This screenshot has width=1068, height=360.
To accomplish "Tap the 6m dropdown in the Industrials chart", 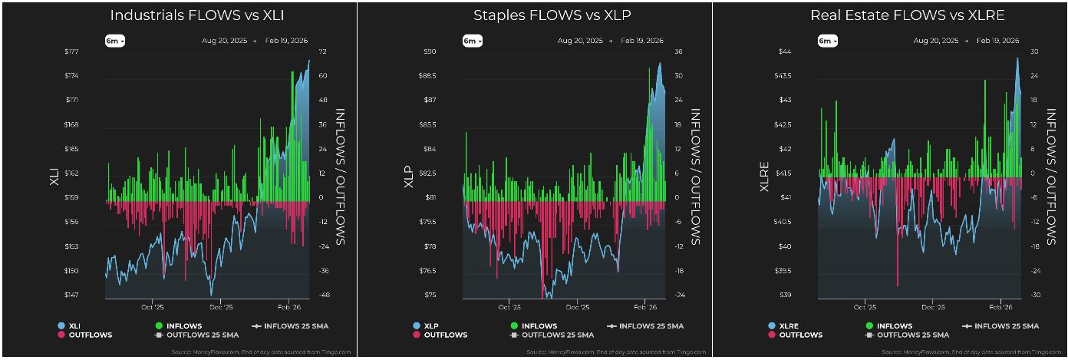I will click(x=115, y=41).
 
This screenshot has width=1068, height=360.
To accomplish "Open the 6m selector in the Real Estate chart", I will click(x=827, y=41).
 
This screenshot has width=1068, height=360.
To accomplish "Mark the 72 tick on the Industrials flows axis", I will click(x=323, y=51).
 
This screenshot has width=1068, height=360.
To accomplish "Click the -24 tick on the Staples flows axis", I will click(x=679, y=295).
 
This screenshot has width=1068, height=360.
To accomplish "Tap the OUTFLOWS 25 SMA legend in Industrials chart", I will click(x=196, y=335).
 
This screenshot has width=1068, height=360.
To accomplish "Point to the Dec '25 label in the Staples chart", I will click(x=576, y=306).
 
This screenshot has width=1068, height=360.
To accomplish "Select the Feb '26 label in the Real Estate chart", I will click(x=1000, y=306).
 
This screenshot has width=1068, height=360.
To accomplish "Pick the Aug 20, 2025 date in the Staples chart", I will click(x=581, y=41).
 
